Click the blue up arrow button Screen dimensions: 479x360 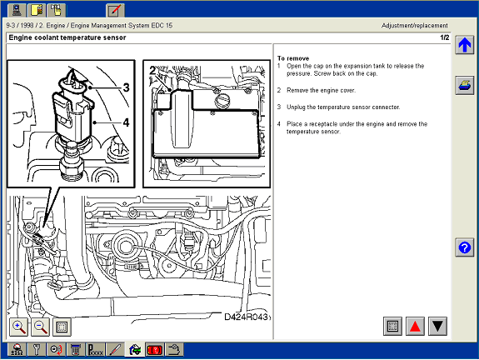point(464,45)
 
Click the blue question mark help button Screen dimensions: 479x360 point(464,247)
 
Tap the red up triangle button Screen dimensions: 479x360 point(415,326)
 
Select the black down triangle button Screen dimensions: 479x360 point(437,326)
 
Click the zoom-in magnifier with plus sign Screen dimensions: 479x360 point(18,327)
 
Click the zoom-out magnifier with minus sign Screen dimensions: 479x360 point(40,327)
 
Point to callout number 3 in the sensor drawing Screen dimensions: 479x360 point(126,87)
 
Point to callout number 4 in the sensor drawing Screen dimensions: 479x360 point(126,122)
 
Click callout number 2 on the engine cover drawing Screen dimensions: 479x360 point(152,71)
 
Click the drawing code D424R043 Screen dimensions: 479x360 point(247,317)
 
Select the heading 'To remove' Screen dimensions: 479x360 point(293,58)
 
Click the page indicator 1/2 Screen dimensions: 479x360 point(445,37)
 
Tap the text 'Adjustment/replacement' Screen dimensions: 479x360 point(415,26)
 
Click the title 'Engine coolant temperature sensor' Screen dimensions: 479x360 point(67,37)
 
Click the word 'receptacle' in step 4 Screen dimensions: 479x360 point(323,124)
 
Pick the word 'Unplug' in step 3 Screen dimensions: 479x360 point(296,107)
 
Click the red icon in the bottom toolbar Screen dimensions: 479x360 point(155,350)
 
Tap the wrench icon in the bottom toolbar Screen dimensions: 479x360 point(37,350)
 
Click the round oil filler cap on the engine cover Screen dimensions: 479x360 point(222,101)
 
